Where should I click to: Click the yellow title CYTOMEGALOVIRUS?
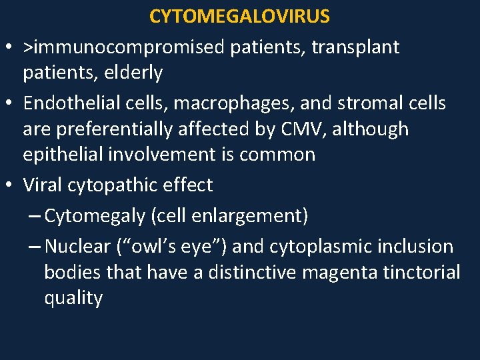[239, 16]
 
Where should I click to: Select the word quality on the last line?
[73, 297]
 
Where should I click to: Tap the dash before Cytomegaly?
[35, 217]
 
